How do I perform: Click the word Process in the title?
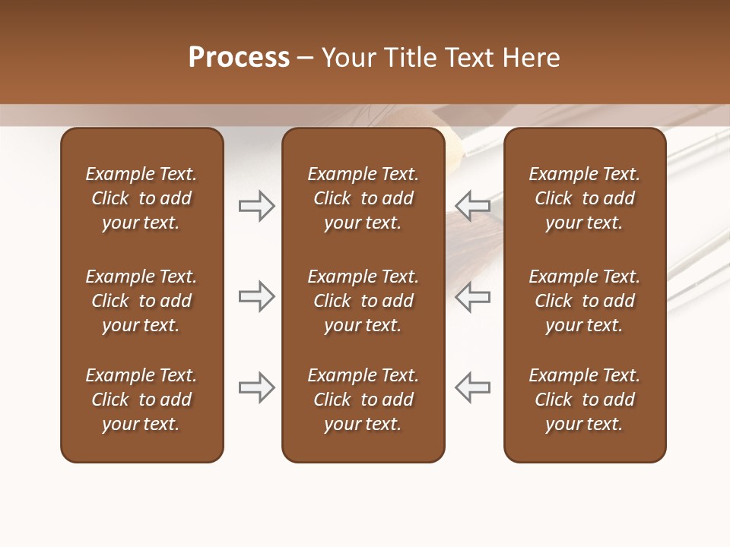tap(239, 58)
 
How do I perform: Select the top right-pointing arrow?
tap(257, 205)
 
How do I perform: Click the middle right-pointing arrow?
tap(257, 296)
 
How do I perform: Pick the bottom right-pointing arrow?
tap(257, 387)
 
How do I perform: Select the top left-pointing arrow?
tap(472, 205)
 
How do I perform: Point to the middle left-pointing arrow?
tap(472, 296)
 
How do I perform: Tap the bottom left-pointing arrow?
tap(472, 387)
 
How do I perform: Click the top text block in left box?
tap(141, 198)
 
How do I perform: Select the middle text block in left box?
tap(141, 301)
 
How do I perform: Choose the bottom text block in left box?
tap(141, 400)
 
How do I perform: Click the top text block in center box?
tap(363, 198)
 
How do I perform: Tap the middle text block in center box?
tap(363, 301)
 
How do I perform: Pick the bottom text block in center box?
tap(363, 400)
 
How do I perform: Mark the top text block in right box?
tap(584, 198)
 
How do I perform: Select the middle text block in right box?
tap(584, 301)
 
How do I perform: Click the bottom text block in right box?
tap(584, 400)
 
